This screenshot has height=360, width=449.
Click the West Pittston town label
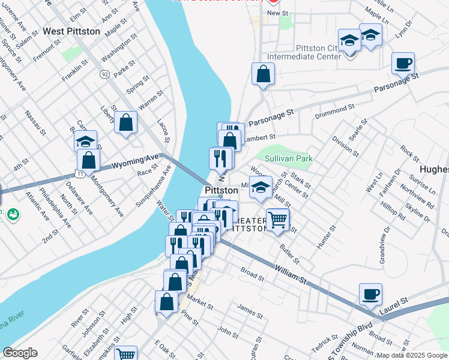pos(71,31)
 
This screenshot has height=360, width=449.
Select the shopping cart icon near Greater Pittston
pos(278,220)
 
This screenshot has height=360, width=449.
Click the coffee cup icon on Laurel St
pos(370,294)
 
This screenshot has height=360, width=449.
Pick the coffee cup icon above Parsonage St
pos(403,62)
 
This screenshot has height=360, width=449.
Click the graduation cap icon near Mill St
pos(261,187)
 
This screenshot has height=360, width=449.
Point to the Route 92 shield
pos(105,75)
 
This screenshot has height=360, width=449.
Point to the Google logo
pos(20,353)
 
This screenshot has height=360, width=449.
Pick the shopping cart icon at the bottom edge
pos(125,355)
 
